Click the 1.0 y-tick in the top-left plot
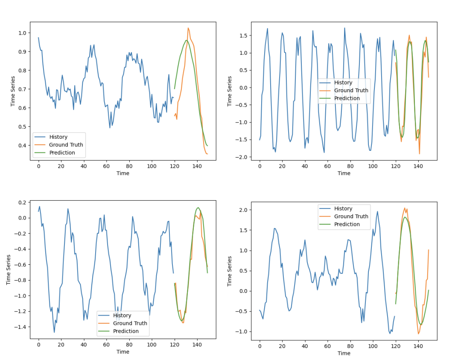coord(23,33)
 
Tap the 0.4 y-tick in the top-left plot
coord(23,145)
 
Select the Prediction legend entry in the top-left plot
coord(62,152)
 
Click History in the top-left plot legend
coord(58,137)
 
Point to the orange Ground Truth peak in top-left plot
coord(188,28)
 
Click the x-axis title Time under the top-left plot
coord(123,173)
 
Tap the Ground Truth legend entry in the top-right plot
coord(351,91)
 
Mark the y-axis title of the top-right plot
coord(230,91)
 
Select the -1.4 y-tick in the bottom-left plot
coord(19,327)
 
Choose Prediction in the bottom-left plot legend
coord(125,331)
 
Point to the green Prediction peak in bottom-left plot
coord(198,208)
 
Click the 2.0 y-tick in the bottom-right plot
coord(244,210)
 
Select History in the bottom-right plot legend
coord(343,208)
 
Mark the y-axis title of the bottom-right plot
coord(230,271)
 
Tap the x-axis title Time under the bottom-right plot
coord(344,353)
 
